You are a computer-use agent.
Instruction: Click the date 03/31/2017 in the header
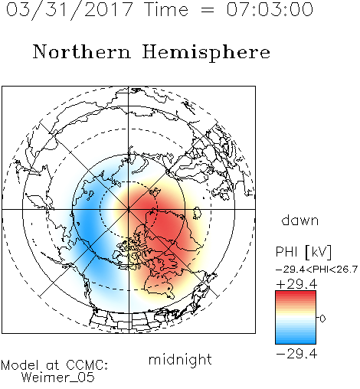[x=70, y=10]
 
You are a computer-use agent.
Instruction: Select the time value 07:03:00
[x=270, y=9]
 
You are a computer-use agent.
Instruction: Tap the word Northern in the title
[x=82, y=52]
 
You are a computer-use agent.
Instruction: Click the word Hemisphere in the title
[x=206, y=53]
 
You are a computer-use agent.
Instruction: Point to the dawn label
[x=300, y=220]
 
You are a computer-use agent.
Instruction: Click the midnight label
[x=180, y=360]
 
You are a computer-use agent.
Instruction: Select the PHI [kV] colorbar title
[x=303, y=252]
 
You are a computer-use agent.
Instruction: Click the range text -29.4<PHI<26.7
[x=316, y=270]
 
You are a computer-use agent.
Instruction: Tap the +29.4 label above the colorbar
[x=296, y=284]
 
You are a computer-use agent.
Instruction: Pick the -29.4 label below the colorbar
[x=296, y=354]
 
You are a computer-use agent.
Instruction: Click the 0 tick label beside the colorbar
[x=322, y=319]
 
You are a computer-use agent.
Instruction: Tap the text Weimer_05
[x=58, y=378]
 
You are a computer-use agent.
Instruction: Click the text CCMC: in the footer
[x=87, y=365]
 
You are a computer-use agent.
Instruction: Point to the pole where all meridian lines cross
[x=129, y=209]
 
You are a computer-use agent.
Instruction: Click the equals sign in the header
[x=207, y=10]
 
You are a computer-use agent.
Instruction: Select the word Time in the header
[x=166, y=9]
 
